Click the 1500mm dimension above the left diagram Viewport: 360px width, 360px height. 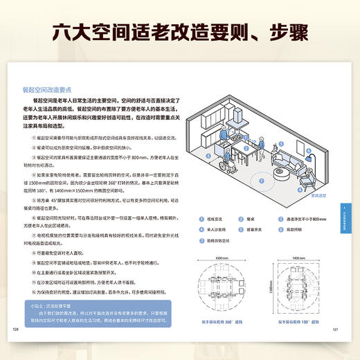(x=219, y=256)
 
